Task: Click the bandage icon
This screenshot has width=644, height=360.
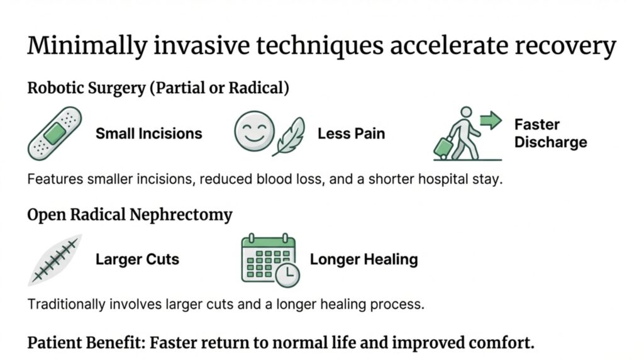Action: (x=55, y=133)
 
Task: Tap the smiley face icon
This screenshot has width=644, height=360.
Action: (x=254, y=132)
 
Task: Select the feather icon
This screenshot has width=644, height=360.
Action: (x=289, y=135)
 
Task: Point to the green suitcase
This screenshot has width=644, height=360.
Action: (x=444, y=147)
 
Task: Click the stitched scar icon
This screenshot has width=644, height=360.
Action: (x=55, y=259)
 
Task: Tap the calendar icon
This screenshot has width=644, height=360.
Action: (x=268, y=258)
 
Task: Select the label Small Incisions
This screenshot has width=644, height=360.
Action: (x=148, y=133)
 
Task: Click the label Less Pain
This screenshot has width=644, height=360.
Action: (x=351, y=133)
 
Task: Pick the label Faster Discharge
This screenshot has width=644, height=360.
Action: (x=550, y=133)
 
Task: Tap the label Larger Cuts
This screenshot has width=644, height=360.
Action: (x=137, y=259)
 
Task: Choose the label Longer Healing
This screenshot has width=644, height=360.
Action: (x=364, y=259)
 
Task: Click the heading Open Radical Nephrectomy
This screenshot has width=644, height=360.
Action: (x=130, y=215)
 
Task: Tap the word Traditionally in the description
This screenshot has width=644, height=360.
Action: (x=66, y=305)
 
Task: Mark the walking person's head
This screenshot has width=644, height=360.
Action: (x=465, y=112)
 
